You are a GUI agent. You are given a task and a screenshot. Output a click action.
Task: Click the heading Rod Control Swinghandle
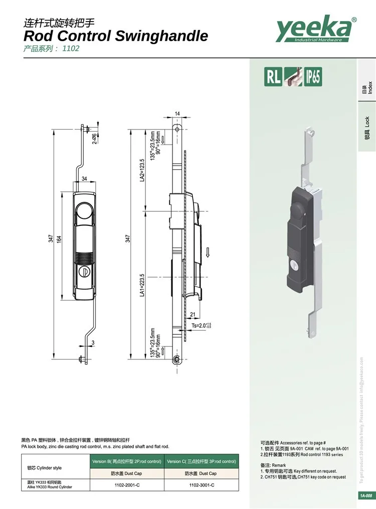(x=115, y=36)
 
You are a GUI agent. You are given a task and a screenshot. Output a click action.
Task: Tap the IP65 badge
(x=311, y=77)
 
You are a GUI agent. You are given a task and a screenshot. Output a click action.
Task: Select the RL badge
(x=274, y=77)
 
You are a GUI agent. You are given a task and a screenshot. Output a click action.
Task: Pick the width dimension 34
(x=84, y=179)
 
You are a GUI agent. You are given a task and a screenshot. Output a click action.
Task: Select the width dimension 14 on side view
(x=177, y=113)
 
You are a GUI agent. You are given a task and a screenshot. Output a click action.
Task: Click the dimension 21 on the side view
(x=193, y=315)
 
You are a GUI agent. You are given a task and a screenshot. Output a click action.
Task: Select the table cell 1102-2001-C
(x=127, y=485)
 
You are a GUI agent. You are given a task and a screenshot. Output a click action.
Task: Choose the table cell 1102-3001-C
(x=202, y=485)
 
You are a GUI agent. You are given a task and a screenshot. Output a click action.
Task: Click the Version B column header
(x=127, y=461)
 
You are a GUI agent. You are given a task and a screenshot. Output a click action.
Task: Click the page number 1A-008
(x=365, y=496)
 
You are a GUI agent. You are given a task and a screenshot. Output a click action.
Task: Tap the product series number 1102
(x=71, y=49)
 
